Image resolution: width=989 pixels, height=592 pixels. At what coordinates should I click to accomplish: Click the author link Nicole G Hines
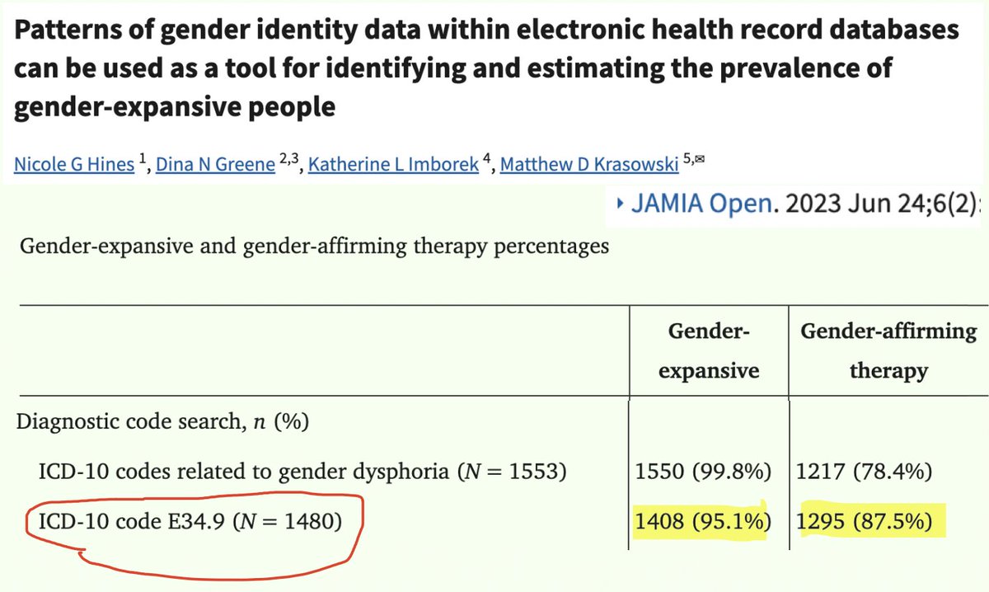coord(73,164)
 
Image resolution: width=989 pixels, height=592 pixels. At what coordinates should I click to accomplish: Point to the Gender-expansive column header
coord(708,351)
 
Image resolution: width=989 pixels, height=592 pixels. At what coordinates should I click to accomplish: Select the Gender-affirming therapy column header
coord(888,351)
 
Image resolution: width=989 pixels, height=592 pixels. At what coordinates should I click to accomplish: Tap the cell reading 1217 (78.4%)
coord(864,472)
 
